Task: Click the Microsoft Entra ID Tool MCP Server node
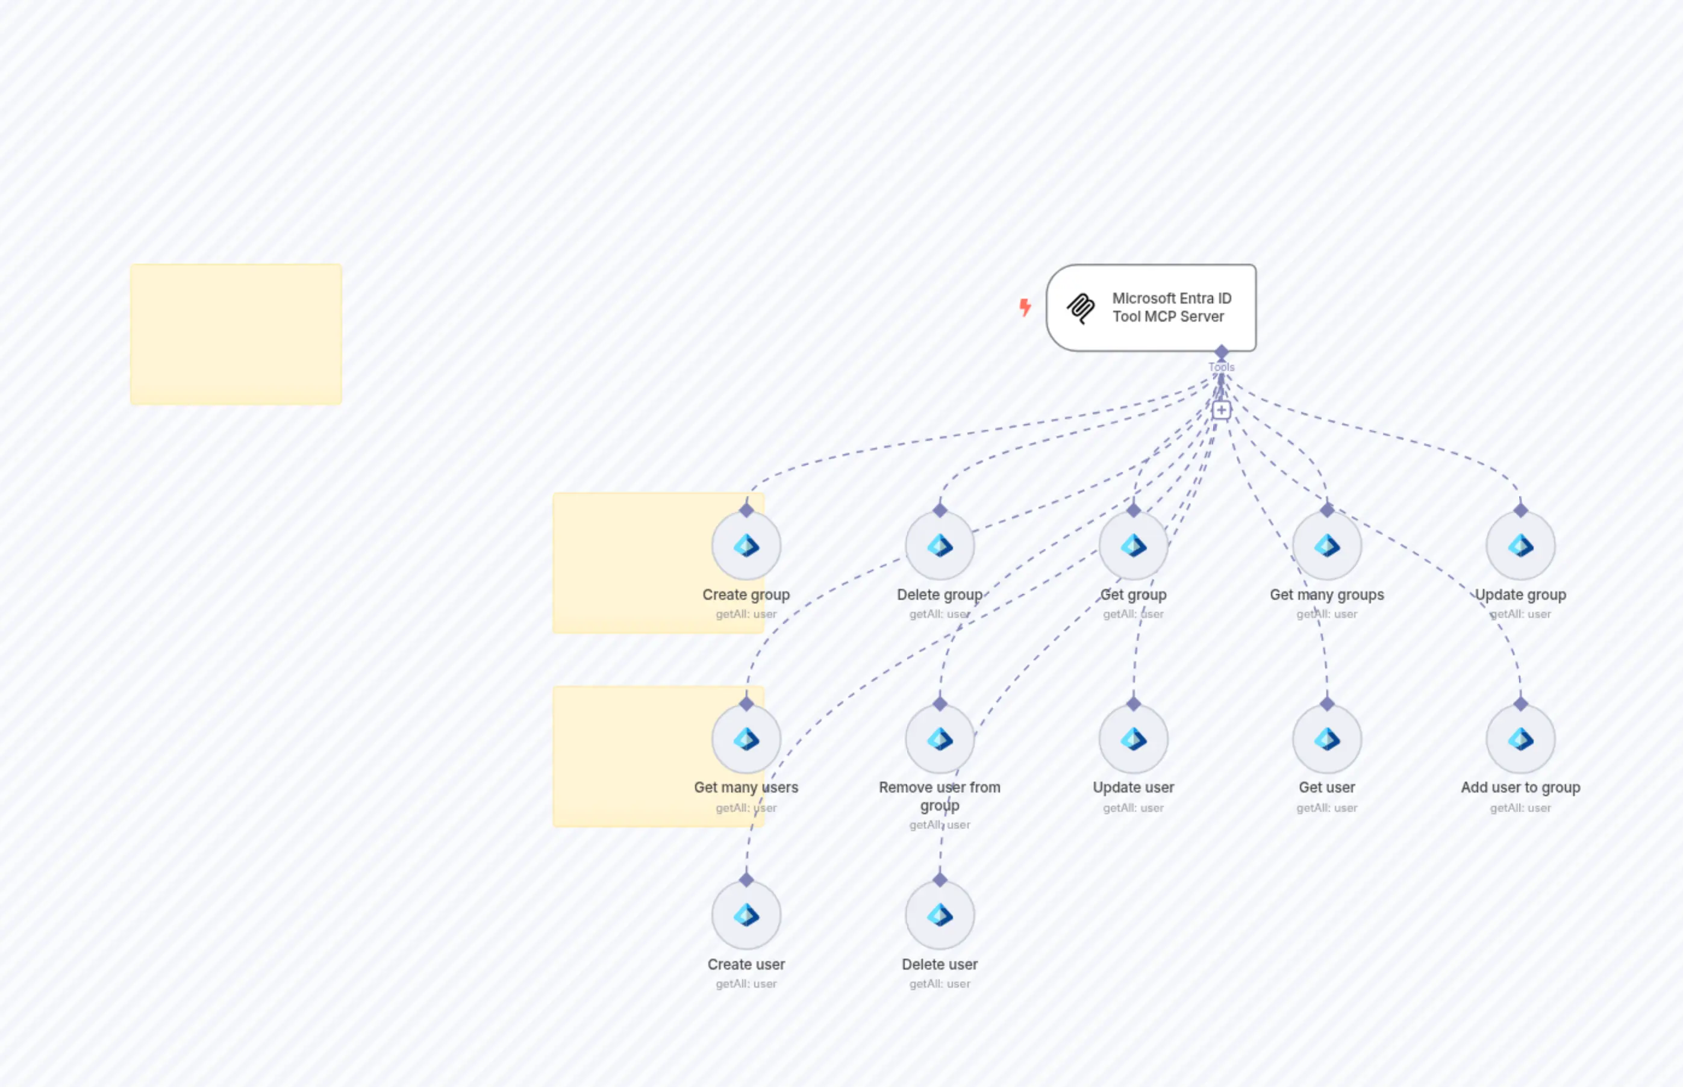[1151, 308]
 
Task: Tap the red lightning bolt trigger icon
[1025, 307]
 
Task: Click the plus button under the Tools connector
[1222, 410]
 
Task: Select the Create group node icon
[746, 546]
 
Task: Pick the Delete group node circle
[940, 546]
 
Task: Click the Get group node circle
[1133, 546]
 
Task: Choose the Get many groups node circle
[1326, 546]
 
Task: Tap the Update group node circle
[1520, 546]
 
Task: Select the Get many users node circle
[746, 739]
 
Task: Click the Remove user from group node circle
[940, 739]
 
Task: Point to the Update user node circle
[1133, 739]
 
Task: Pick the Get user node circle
[1326, 739]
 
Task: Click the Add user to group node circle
[1520, 739]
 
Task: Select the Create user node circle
[746, 915]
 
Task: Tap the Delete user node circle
[940, 915]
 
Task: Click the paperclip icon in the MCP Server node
[1081, 308]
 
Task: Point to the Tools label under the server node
[1222, 367]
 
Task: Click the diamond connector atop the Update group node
[1520, 509]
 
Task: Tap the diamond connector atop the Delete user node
[940, 879]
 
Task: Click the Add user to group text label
[1520, 787]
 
